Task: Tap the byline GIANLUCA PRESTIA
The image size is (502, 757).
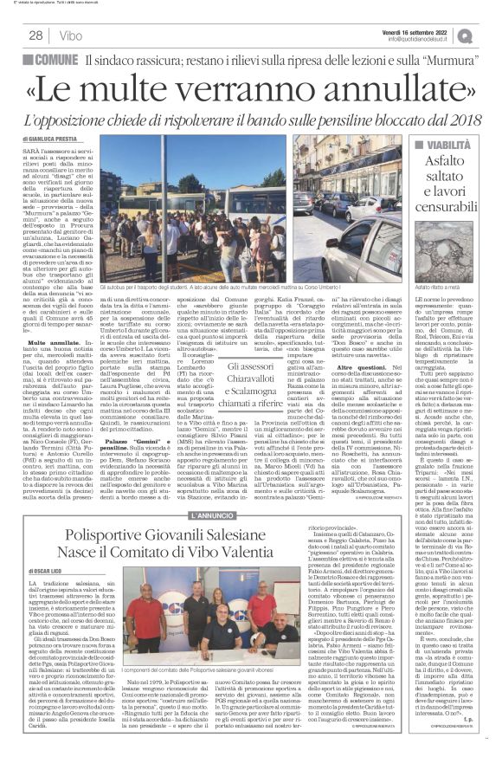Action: point(53,139)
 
